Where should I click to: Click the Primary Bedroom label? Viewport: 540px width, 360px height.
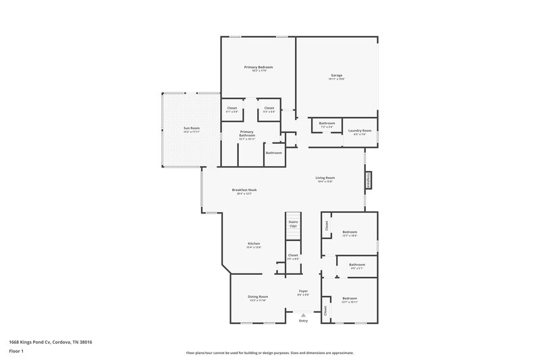tap(259, 68)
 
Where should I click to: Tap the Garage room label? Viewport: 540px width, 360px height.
tap(336, 75)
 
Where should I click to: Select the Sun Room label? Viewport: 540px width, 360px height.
tap(192, 128)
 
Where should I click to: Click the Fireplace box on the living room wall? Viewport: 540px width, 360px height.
tap(369, 179)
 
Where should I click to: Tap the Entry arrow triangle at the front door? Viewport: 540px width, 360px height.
tap(303, 315)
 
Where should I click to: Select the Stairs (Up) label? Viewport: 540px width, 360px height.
tap(293, 224)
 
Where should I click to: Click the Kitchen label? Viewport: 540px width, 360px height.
tap(254, 243)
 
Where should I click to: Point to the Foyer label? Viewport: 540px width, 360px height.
tap(303, 291)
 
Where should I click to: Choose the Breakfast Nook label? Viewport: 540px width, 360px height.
tap(244, 190)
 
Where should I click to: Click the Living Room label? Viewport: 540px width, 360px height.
tap(325, 178)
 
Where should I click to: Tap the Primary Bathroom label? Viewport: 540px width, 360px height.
tap(247, 134)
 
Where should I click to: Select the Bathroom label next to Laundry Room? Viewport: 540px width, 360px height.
tap(327, 123)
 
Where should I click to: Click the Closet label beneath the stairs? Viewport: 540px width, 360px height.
tap(293, 255)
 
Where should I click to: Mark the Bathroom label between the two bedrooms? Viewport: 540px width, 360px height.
tap(356, 264)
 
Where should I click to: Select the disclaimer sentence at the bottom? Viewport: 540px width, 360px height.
tap(270, 353)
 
